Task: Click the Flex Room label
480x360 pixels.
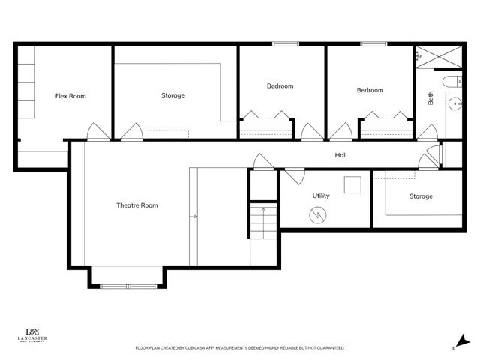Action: tap(70, 96)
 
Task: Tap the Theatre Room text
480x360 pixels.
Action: tap(136, 205)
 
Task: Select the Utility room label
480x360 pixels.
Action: tap(321, 196)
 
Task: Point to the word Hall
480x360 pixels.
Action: tap(340, 156)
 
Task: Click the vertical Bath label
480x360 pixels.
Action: tap(430, 98)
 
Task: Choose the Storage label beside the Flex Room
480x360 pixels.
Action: tap(172, 95)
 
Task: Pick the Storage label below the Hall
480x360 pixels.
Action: tap(421, 196)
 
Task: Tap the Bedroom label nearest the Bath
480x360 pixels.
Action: tap(370, 91)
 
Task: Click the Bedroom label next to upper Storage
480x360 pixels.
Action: tap(280, 86)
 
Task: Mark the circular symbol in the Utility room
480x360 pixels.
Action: tap(318, 216)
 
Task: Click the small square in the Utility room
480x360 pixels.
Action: tap(352, 185)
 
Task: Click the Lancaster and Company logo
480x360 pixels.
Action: tap(32, 335)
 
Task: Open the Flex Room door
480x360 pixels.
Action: tap(97, 132)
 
